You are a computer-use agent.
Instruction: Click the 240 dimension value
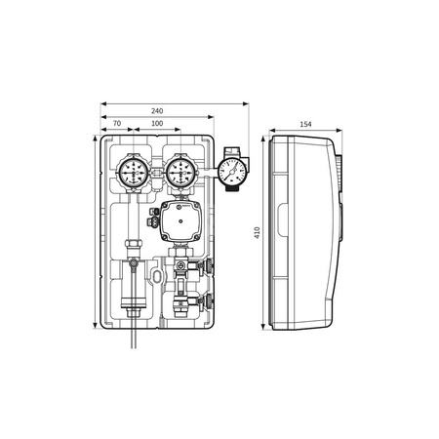click(157, 111)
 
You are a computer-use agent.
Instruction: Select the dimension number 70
click(117, 124)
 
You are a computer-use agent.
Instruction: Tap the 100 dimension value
click(157, 124)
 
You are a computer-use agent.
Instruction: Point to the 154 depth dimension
click(305, 124)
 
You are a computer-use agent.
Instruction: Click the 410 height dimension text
click(258, 233)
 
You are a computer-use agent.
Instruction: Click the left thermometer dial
click(134, 173)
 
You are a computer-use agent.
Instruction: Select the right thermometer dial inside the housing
click(180, 173)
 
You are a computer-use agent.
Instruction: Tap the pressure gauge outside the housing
click(232, 171)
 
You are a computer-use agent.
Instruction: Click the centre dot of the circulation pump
click(180, 221)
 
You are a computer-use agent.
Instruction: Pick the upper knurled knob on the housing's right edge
click(210, 265)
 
